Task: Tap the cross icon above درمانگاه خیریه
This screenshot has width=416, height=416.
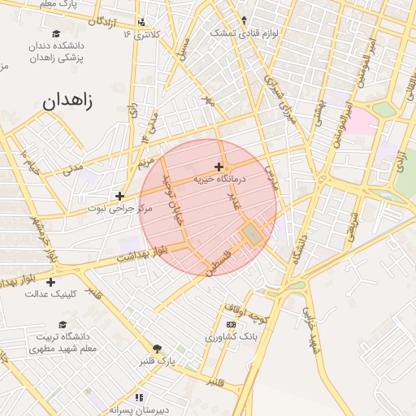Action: click(x=219, y=167)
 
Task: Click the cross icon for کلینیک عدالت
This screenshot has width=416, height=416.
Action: click(x=51, y=282)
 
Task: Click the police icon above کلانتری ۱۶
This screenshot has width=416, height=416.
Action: click(x=142, y=22)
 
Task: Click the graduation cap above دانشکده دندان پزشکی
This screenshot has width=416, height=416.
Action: click(x=56, y=33)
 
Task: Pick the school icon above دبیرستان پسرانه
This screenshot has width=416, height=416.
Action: click(x=139, y=397)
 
